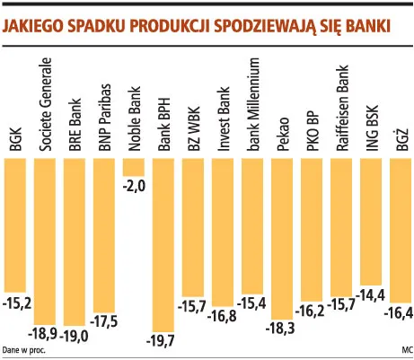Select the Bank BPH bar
tap(164, 242)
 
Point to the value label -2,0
tap(134, 186)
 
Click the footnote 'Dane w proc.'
tap(24, 350)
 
